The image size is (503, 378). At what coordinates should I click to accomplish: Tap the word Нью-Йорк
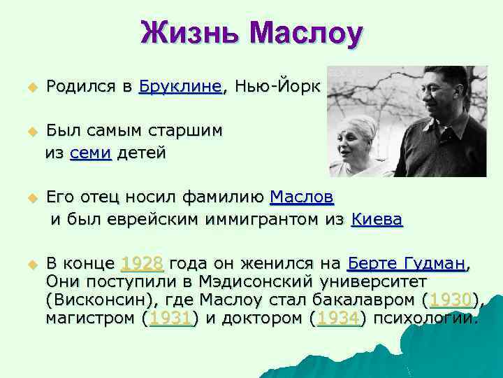click(277, 87)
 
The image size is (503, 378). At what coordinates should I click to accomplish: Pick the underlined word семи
click(91, 153)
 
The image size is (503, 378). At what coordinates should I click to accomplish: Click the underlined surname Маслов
click(301, 196)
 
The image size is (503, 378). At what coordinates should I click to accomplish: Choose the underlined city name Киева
click(377, 219)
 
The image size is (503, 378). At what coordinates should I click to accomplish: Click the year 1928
click(143, 264)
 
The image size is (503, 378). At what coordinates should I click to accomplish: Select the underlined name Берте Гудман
click(405, 264)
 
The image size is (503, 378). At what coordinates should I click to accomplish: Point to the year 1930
click(451, 300)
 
